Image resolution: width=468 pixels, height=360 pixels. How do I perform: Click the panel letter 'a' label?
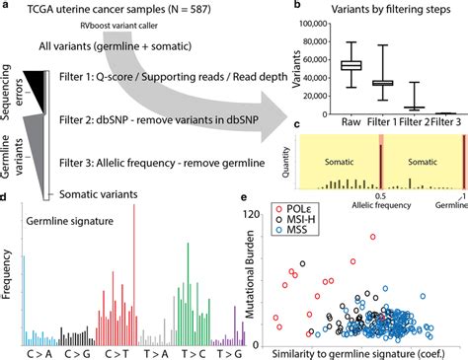pyautogui.click(x=6, y=7)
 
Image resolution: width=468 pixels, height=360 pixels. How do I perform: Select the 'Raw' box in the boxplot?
pyautogui.click(x=350, y=64)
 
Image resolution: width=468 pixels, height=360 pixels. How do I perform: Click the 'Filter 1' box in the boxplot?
pyautogui.click(x=383, y=83)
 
